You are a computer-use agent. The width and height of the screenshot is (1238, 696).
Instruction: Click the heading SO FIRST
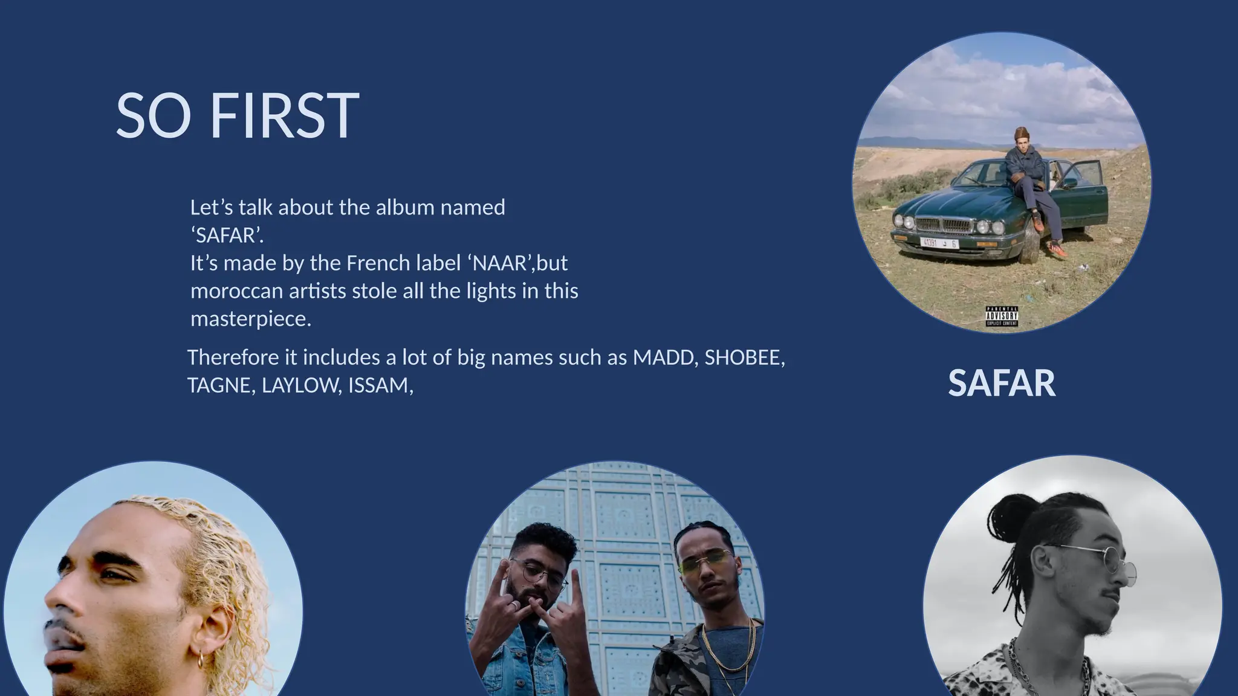click(237, 116)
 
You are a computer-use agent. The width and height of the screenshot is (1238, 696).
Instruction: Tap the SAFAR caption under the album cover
click(1001, 383)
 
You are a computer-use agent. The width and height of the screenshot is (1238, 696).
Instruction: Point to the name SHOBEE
click(743, 358)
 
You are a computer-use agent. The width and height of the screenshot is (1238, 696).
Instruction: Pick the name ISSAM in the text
click(378, 385)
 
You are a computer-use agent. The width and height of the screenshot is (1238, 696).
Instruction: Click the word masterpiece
click(250, 319)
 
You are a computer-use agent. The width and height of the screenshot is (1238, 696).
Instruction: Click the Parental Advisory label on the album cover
click(1002, 316)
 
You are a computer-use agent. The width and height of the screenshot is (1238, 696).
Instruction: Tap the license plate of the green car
click(938, 243)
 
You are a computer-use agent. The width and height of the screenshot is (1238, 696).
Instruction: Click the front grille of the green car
click(943, 225)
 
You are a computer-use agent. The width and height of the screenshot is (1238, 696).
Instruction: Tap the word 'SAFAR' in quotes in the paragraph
click(226, 236)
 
